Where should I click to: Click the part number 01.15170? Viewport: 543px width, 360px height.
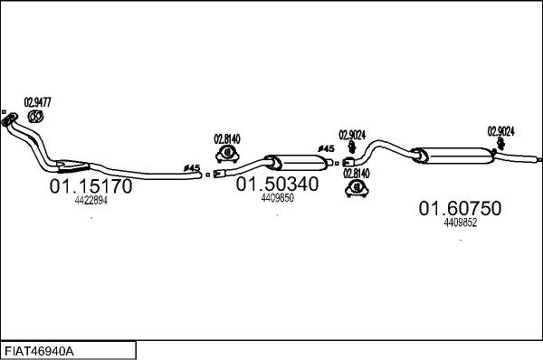90,186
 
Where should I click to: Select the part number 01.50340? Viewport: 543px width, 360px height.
278,184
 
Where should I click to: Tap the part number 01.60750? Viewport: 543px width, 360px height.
461,208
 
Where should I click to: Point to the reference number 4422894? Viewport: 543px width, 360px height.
91,200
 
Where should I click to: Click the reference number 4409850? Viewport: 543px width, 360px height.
278,198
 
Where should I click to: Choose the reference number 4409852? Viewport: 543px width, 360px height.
461,223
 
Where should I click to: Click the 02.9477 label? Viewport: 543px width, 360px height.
37,102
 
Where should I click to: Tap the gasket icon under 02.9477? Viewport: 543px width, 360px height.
35,117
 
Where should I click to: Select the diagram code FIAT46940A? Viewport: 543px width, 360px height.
39,351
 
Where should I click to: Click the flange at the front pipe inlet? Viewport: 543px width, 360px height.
9,118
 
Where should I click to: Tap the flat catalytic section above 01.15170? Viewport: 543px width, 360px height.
72,166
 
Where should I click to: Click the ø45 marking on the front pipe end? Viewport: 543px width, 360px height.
192,168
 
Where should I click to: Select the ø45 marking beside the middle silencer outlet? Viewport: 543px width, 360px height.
326,149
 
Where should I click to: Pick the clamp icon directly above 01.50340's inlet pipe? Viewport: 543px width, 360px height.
227,154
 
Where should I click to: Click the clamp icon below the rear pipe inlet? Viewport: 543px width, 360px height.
357,189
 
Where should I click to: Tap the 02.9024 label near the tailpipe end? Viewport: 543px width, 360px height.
501,131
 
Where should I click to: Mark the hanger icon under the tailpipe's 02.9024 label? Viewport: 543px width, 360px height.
500,143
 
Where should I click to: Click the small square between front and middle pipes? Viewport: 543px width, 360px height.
208,175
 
